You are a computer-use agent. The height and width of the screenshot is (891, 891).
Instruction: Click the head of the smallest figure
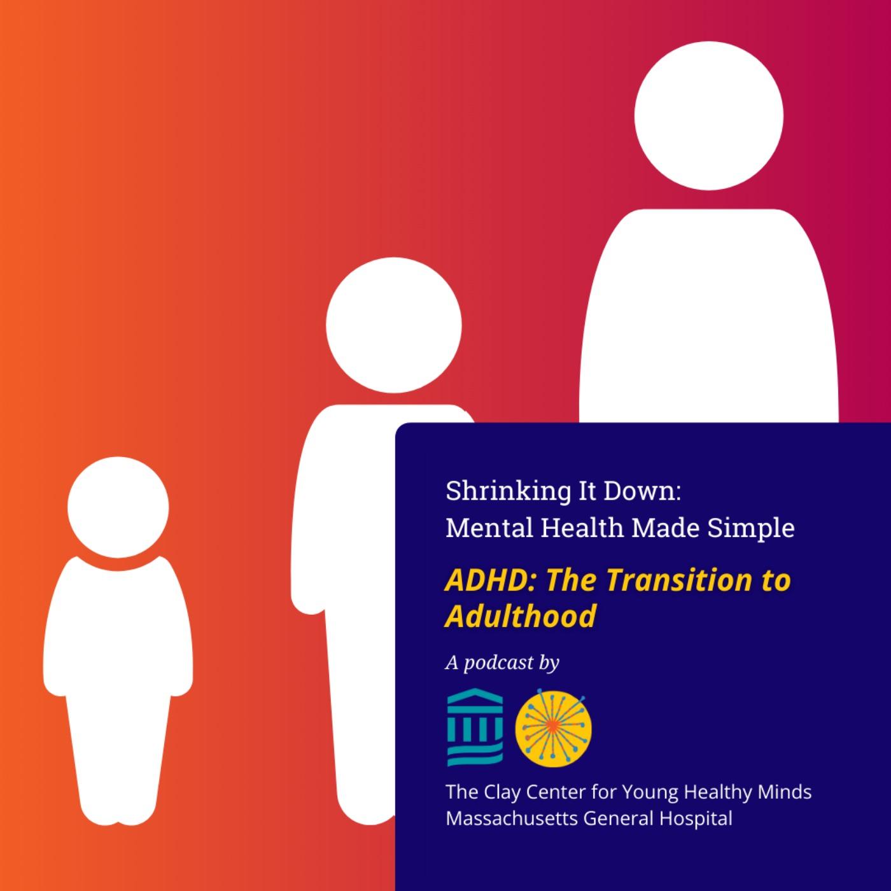point(118,507)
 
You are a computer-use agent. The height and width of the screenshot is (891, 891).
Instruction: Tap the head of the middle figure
point(393,325)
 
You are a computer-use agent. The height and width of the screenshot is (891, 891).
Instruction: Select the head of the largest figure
point(708,116)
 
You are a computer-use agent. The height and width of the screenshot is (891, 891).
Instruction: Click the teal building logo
point(475,727)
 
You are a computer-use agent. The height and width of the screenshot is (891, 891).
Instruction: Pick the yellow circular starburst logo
point(553,729)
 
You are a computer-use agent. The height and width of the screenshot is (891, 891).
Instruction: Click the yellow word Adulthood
point(521,616)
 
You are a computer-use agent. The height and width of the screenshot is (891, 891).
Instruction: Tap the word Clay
point(503,792)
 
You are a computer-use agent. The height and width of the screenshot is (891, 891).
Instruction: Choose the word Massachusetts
point(512,818)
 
